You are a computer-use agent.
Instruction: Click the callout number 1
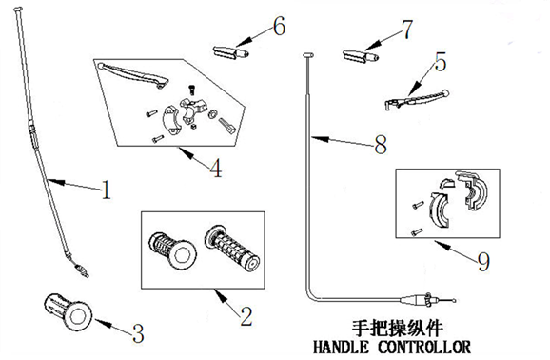pyautogui.click(x=106, y=190)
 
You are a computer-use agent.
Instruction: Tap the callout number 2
pyautogui.click(x=246, y=316)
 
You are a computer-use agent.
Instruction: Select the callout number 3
pyautogui.click(x=138, y=333)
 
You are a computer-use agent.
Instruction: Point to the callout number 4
pyautogui.click(x=216, y=168)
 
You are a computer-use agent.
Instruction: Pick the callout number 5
pyautogui.click(x=441, y=62)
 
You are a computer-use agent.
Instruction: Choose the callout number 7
pyautogui.click(x=407, y=30)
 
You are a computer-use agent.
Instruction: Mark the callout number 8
pyautogui.click(x=381, y=145)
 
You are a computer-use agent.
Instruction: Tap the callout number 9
pyautogui.click(x=483, y=262)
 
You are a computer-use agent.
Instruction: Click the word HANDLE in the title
pyautogui.click(x=341, y=347)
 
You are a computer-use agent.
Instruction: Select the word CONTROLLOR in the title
pyautogui.click(x=424, y=347)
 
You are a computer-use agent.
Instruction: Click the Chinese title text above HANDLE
pyautogui.click(x=398, y=329)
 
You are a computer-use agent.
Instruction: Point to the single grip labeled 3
pyautogui.click(x=69, y=311)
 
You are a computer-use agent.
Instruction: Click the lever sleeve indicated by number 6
pyautogui.click(x=231, y=52)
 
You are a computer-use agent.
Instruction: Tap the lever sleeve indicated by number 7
pyautogui.click(x=361, y=56)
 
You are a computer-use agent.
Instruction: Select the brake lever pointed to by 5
pyautogui.click(x=417, y=100)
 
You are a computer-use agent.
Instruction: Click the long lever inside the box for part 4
pyautogui.click(x=134, y=74)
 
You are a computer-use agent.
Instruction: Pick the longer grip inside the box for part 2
pyautogui.click(x=232, y=249)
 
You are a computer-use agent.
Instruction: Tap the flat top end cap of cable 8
pyautogui.click(x=308, y=55)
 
